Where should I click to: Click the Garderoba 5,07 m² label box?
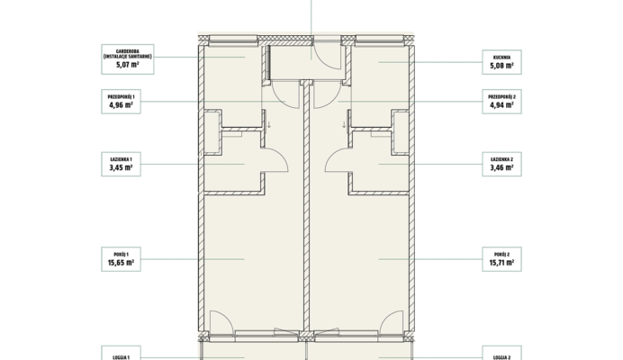[128, 59]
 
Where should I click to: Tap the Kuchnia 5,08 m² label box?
[501, 62]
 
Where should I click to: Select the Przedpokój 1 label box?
[122, 102]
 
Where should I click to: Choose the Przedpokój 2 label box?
[501, 102]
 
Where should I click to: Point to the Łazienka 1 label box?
[122, 164]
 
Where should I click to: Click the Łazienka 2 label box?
[501, 164]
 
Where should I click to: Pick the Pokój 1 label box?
[122, 259]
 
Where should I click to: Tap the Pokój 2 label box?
[501, 259]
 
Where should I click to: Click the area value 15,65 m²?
[122, 263]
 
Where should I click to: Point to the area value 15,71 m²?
[501, 263]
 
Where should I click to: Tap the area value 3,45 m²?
[122, 167]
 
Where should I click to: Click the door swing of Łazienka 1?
[281, 156]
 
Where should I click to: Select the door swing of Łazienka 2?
[332, 156]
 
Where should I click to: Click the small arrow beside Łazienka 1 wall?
[269, 125]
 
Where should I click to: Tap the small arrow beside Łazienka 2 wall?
[344, 125]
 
